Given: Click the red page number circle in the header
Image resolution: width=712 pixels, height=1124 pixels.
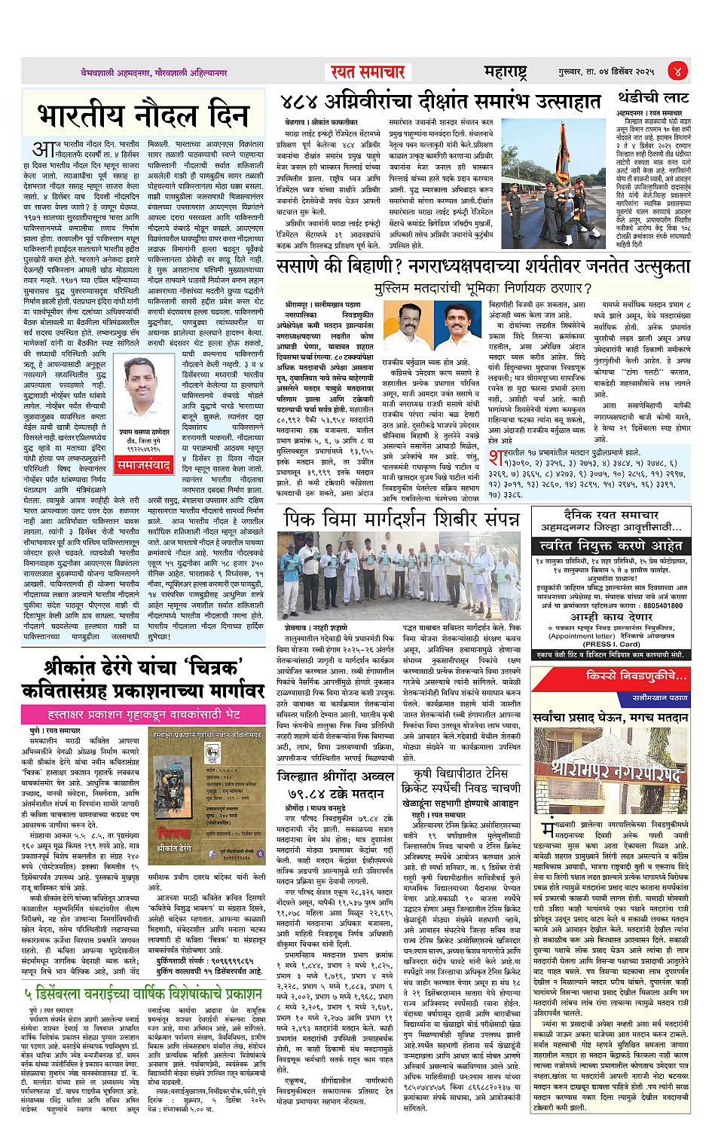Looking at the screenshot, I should click(677, 71).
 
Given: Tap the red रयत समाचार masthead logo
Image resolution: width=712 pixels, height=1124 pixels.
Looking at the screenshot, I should click(368, 72).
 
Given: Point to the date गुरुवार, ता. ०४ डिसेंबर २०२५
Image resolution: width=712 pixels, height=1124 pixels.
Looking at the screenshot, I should click(606, 72).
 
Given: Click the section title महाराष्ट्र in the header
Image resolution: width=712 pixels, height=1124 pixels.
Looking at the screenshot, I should click(505, 72).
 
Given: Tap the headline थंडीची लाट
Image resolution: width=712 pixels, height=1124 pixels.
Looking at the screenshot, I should click(653, 98).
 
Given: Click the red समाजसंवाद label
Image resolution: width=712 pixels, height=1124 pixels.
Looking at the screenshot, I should click(145, 465).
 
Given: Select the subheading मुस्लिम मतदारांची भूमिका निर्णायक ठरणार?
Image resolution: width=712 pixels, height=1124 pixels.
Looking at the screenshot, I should click(482, 288).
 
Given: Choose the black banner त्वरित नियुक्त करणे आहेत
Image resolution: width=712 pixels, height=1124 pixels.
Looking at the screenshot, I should click(611, 545).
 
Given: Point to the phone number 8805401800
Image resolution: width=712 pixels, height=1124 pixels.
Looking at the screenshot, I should click(663, 605).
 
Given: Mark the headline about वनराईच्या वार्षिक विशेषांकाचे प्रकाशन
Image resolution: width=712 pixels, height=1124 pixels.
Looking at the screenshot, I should click(143, 994).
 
